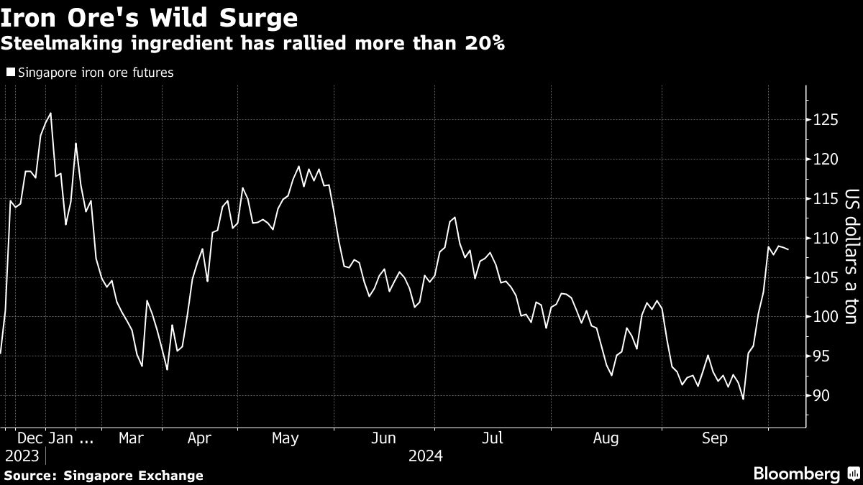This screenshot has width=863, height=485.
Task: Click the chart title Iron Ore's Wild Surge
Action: click(x=150, y=17)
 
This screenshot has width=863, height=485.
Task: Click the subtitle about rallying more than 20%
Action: click(x=252, y=44)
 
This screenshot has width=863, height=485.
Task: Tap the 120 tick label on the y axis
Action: click(x=824, y=159)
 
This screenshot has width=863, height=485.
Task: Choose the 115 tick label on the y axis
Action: click(x=824, y=198)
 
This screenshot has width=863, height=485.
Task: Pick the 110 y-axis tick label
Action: click(x=824, y=238)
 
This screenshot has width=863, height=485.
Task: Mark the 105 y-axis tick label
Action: click(x=824, y=277)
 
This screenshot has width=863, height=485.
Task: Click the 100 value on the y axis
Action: click(x=824, y=317)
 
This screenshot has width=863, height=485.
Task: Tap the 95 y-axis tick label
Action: click(x=821, y=356)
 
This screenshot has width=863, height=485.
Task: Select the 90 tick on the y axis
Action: click(x=821, y=396)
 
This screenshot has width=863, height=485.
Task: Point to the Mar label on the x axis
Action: click(x=132, y=438)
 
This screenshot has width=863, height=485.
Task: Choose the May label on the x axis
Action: click(x=286, y=438)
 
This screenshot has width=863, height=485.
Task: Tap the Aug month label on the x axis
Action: click(x=606, y=438)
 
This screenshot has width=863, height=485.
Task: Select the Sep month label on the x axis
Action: click(x=715, y=438)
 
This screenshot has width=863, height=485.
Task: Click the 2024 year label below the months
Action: click(x=426, y=456)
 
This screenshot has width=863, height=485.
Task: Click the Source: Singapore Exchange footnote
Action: click(x=104, y=476)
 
